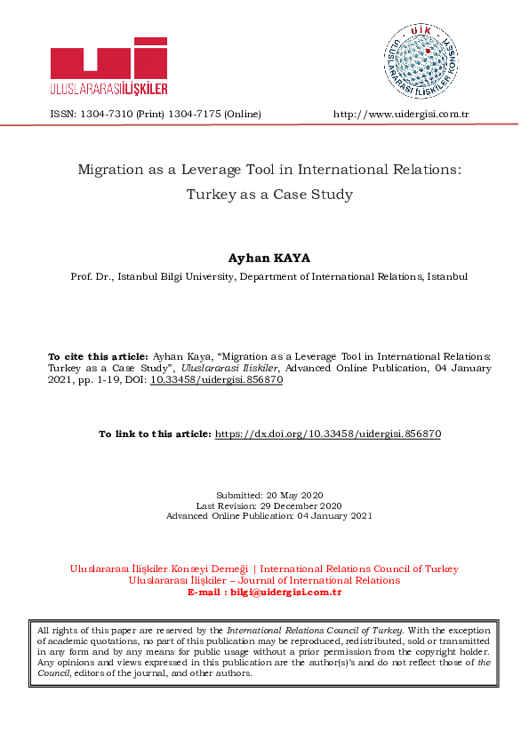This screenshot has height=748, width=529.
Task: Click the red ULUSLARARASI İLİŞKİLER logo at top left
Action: point(109,66)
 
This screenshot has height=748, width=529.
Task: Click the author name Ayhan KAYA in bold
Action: point(269,258)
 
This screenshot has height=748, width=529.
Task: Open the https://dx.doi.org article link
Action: point(329,434)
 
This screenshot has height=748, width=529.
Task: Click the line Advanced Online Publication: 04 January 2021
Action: point(269,516)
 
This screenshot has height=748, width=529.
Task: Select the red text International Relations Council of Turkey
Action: point(359,569)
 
